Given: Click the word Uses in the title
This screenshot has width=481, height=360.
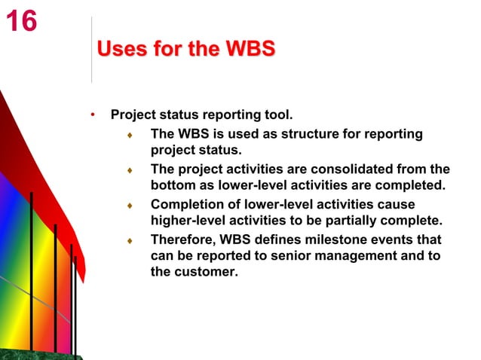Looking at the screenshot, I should pyautogui.click(x=122, y=50).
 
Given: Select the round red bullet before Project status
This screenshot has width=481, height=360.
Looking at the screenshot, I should pyautogui.click(x=92, y=115).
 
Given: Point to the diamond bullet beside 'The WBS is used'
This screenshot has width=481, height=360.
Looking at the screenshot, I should pyautogui.click(x=130, y=136).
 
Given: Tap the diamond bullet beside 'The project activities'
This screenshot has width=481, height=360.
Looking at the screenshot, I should pyautogui.click(x=130, y=170).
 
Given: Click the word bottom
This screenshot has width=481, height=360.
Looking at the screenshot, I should pyautogui.click(x=173, y=185).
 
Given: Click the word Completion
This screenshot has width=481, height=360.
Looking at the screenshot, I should pyautogui.click(x=185, y=204).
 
